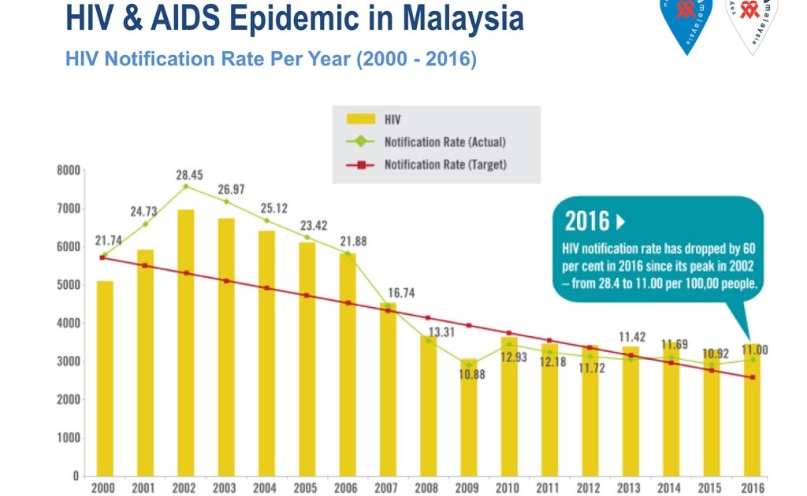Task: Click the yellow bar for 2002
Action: (x=187, y=342)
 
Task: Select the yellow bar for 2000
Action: (x=105, y=378)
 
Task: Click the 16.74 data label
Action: (x=400, y=292)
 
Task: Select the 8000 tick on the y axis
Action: (x=69, y=170)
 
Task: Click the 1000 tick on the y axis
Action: (x=69, y=438)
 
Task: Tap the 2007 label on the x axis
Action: (x=387, y=488)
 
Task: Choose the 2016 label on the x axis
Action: (x=752, y=488)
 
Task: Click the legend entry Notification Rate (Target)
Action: (x=445, y=165)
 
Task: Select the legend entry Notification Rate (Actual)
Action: (x=445, y=143)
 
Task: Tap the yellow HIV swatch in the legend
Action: (x=361, y=120)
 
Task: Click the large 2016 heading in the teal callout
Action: (x=587, y=221)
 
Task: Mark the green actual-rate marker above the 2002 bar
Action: (x=186, y=187)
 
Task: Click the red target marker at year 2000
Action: (x=102, y=257)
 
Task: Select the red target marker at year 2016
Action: (x=753, y=378)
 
